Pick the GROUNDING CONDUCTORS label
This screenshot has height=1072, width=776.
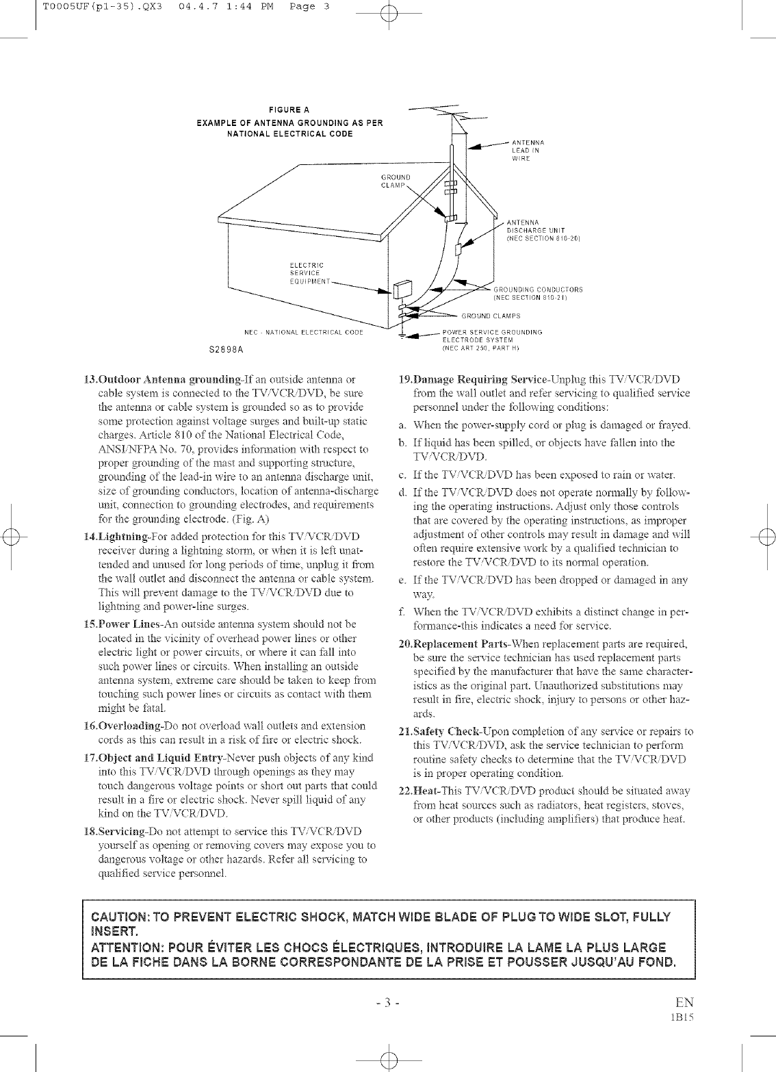[x=538, y=294]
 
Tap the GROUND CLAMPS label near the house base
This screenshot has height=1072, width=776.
[x=491, y=316]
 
